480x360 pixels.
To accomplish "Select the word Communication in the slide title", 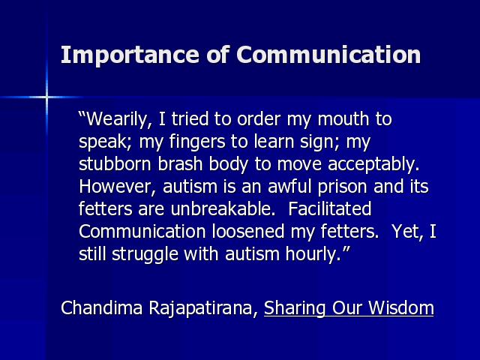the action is point(328,55).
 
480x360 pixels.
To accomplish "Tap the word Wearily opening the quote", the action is point(115,120).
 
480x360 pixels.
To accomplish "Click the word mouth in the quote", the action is point(343,119).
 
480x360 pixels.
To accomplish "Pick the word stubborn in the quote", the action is point(115,163).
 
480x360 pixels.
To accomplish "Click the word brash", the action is point(180,163).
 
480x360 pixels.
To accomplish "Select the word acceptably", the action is point(373,165).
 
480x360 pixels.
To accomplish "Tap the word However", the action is point(118,187).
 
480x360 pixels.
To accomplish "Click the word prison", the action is point(342,187).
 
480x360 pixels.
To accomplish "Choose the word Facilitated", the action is point(330,208).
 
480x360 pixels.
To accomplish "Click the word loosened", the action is point(248,232).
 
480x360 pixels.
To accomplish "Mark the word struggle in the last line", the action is point(145,255).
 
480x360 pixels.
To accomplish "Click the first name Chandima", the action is point(102,307).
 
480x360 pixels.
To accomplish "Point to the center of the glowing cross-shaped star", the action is point(46,97).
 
